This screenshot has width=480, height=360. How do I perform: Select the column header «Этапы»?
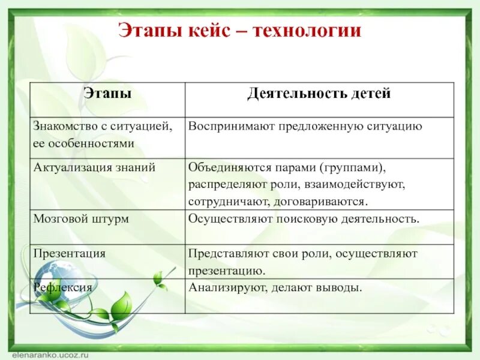click(x=107, y=94)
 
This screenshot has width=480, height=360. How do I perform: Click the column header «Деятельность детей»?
click(x=319, y=94)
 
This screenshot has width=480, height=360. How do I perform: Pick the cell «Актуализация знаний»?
click(x=95, y=167)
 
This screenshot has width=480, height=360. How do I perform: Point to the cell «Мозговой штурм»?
click(x=81, y=219)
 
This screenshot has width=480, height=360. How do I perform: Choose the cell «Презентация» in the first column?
click(x=70, y=253)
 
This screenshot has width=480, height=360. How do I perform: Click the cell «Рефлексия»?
click(x=63, y=287)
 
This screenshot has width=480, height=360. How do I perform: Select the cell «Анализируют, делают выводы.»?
click(x=275, y=287)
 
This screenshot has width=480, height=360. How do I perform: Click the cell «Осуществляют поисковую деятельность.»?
click(x=304, y=219)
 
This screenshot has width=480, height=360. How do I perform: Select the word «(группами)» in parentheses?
click(x=351, y=167)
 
